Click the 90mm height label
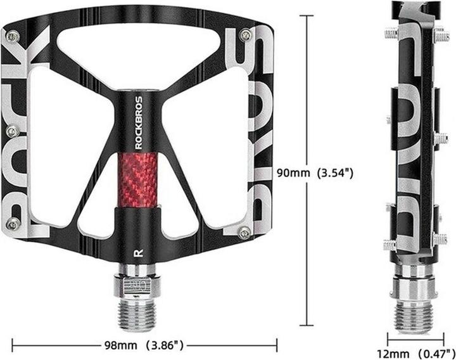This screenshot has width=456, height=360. [292, 172]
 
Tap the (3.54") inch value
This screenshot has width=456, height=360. [334, 172]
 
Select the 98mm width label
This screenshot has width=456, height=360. [121, 345]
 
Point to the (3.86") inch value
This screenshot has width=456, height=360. [164, 345]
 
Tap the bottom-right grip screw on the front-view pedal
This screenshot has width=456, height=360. [244, 234]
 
